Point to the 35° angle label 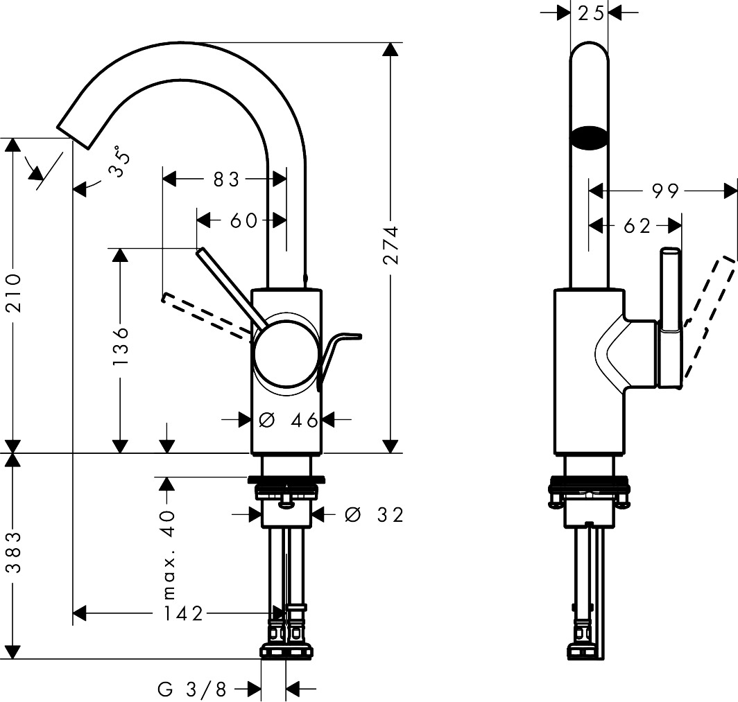click(x=121, y=162)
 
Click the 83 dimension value click(x=226, y=179)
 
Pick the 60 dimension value click(x=243, y=220)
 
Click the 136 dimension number click(x=121, y=346)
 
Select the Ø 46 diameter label click(x=287, y=420)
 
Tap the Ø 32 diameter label click(x=373, y=514)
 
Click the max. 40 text click(x=168, y=554)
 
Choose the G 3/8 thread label click(x=192, y=689)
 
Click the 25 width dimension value click(x=590, y=12)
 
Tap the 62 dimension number click(x=637, y=225)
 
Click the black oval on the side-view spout click(x=589, y=138)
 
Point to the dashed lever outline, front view click(x=205, y=315)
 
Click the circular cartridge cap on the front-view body click(x=286, y=355)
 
